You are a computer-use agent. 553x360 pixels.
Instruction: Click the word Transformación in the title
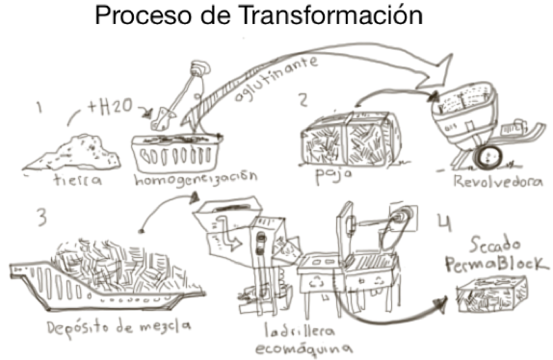point(330,15)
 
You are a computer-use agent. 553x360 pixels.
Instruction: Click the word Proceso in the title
point(143,15)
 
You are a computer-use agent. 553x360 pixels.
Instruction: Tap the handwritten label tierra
point(78,180)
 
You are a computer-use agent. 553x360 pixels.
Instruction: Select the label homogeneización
point(196,178)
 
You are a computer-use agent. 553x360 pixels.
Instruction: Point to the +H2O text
point(110,107)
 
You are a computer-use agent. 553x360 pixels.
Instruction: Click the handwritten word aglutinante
point(276,78)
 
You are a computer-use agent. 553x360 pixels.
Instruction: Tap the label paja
point(333,175)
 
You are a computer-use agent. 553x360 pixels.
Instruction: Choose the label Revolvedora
point(498,181)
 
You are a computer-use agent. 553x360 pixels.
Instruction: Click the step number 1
point(39,107)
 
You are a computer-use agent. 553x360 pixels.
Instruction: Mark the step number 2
point(303,100)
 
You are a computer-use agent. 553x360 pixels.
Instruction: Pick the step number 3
point(41,218)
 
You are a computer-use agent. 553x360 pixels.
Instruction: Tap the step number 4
point(445,222)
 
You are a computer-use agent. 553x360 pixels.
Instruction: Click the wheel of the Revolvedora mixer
point(488,157)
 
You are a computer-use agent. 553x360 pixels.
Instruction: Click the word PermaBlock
point(496,263)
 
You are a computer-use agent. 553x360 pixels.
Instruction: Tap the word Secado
point(494,245)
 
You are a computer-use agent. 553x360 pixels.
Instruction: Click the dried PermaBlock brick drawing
point(492,295)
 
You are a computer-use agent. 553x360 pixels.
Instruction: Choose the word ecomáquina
point(303,348)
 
